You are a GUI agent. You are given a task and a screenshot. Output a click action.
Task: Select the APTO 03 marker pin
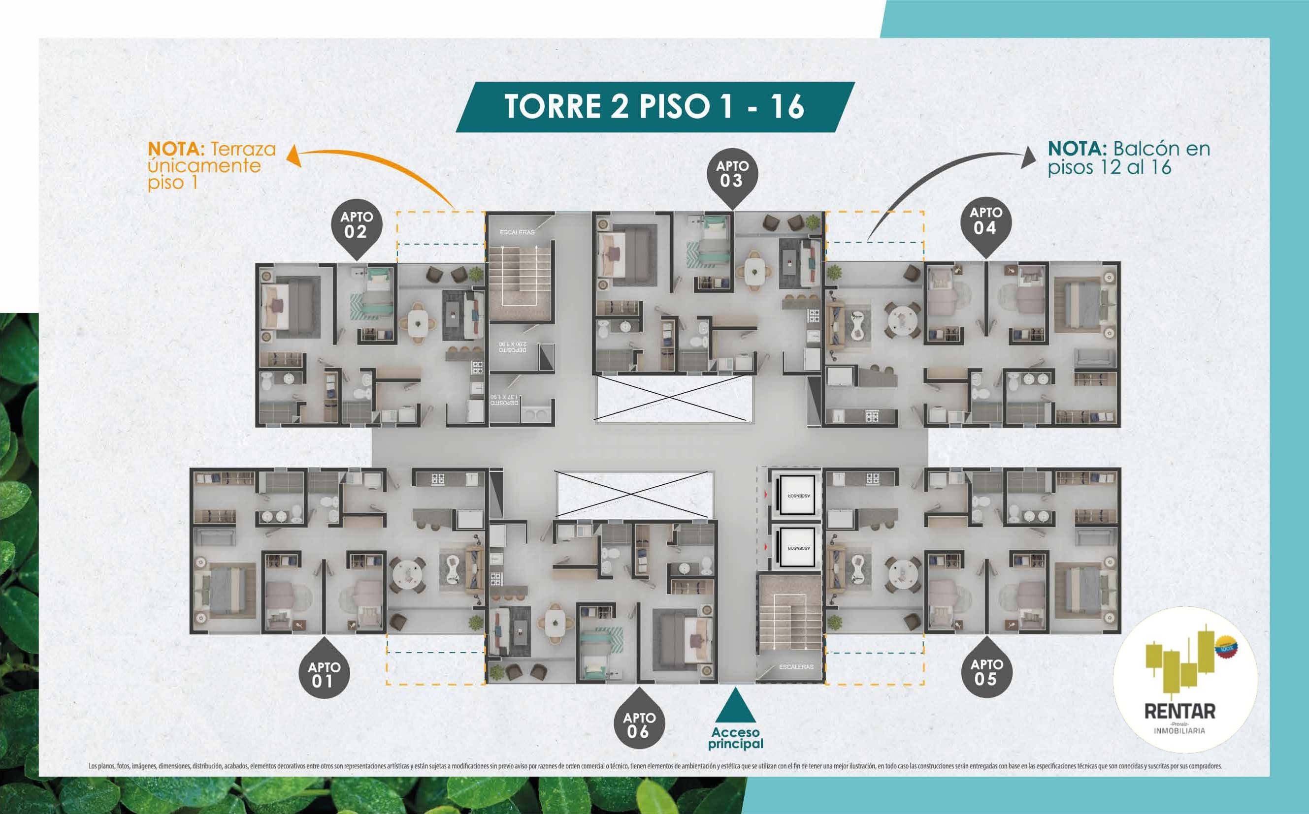pos(731,174)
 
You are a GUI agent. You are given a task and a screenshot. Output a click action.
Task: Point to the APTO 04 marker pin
pos(985,222)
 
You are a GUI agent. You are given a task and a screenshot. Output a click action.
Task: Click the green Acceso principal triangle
pos(735,706)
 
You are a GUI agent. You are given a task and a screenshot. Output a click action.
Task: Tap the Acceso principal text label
pos(735,739)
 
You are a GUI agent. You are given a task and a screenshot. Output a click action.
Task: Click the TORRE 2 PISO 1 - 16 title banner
pos(654,107)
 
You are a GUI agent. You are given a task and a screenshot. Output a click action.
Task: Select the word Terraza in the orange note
pos(242,149)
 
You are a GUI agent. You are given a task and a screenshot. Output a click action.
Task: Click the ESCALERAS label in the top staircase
pos(517,232)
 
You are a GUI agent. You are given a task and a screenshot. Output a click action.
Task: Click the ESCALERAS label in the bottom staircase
pos(796,667)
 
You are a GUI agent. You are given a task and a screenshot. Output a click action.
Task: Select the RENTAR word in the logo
pos(1179,711)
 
